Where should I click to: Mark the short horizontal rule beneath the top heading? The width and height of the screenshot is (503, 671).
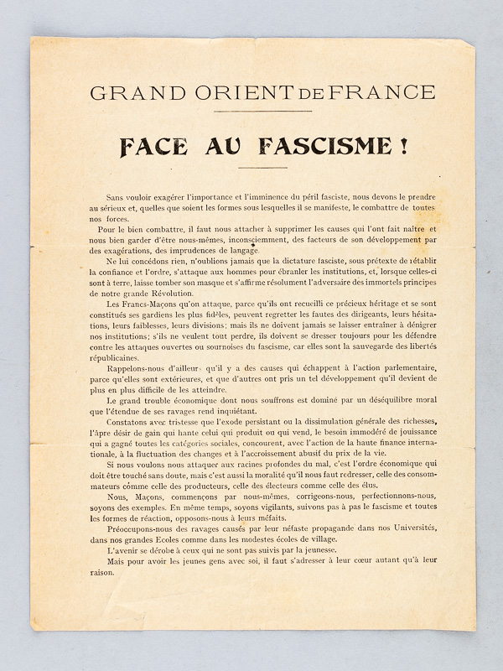tap(251, 112)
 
